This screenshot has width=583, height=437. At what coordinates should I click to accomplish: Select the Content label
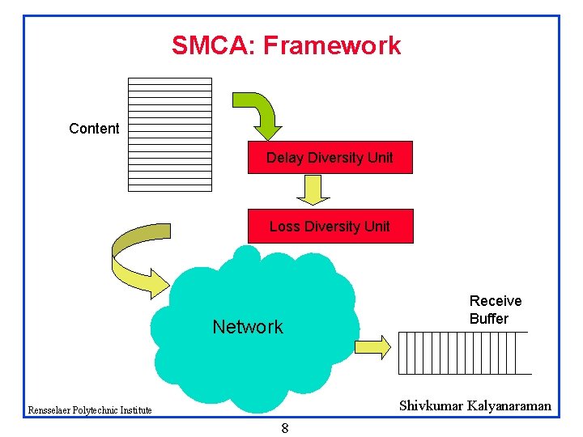(x=94, y=129)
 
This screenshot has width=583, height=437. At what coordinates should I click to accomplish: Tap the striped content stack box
(x=170, y=134)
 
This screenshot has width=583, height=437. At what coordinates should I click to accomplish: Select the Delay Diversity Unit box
(x=330, y=158)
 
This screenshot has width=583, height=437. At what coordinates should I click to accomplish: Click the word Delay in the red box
(x=283, y=158)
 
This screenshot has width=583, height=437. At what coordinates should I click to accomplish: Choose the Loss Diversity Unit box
(x=330, y=227)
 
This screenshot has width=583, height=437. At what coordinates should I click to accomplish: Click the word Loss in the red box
(x=284, y=227)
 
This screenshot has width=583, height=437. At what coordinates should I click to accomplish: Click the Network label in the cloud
(x=248, y=327)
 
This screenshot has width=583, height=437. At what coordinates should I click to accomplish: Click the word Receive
(x=496, y=301)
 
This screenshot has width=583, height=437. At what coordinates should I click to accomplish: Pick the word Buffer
(x=489, y=319)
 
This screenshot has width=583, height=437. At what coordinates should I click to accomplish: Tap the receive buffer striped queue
(x=464, y=353)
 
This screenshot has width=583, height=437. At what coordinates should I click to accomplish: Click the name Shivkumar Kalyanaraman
(x=474, y=405)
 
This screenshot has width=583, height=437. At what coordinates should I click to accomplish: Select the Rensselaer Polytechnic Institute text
(x=90, y=410)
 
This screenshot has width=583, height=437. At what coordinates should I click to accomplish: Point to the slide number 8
(x=285, y=428)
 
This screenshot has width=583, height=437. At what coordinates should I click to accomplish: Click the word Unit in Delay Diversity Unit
(x=377, y=158)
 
